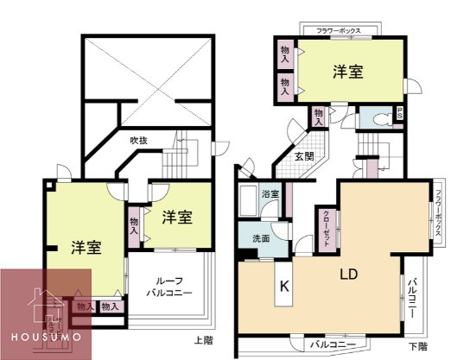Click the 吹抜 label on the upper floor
(140, 140)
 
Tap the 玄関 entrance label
(303, 156)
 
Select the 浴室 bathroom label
(271, 194)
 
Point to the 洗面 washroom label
(262, 238)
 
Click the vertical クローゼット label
(326, 229)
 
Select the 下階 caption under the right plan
(416, 347)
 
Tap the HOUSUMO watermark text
(45, 334)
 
